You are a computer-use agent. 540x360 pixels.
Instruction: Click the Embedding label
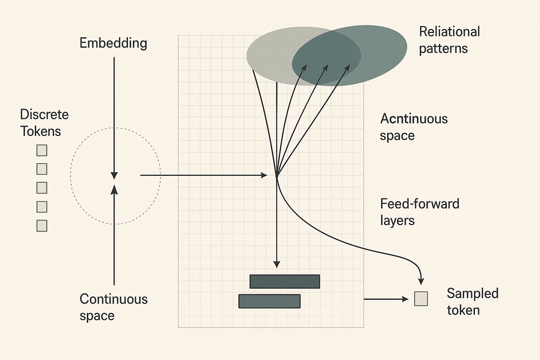click(113, 43)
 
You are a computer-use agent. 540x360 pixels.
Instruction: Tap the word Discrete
click(44, 115)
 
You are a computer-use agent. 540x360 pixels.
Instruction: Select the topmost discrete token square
click(42, 150)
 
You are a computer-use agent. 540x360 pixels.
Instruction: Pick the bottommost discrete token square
click(42, 226)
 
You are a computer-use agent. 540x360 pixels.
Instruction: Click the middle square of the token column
click(42, 188)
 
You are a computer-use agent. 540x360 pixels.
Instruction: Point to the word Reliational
click(449, 32)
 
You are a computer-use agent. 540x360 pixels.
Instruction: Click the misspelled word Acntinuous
click(414, 119)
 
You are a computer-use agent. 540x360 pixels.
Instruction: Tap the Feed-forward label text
click(420, 204)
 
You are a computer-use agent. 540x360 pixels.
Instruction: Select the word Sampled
click(472, 294)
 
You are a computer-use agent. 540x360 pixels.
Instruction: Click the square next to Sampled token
click(421, 299)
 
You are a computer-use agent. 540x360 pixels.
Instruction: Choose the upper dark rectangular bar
click(285, 282)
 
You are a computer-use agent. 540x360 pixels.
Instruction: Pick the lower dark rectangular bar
click(269, 301)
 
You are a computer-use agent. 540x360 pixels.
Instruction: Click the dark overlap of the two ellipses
click(326, 56)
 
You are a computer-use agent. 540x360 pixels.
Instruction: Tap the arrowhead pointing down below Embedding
click(114, 175)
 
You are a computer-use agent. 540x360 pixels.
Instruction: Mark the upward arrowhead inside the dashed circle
click(114, 189)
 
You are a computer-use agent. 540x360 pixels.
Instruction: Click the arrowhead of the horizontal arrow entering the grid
click(264, 175)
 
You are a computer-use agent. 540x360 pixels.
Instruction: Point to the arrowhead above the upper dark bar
click(277, 264)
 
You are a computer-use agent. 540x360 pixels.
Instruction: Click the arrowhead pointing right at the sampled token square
click(405, 299)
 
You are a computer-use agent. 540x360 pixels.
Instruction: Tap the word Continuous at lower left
click(114, 299)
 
